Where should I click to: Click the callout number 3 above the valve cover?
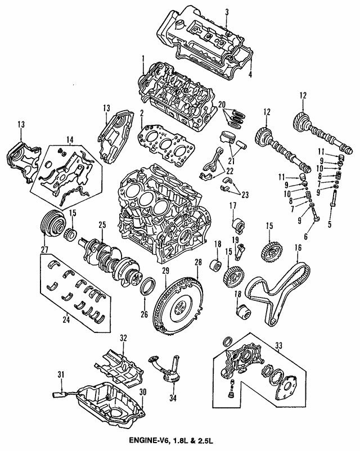click(x=227, y=12)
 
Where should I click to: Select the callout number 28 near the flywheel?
click(x=198, y=263)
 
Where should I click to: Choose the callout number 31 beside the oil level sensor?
click(x=61, y=374)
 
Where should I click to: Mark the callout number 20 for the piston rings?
click(x=222, y=104)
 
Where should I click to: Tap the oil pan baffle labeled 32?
click(x=121, y=363)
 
